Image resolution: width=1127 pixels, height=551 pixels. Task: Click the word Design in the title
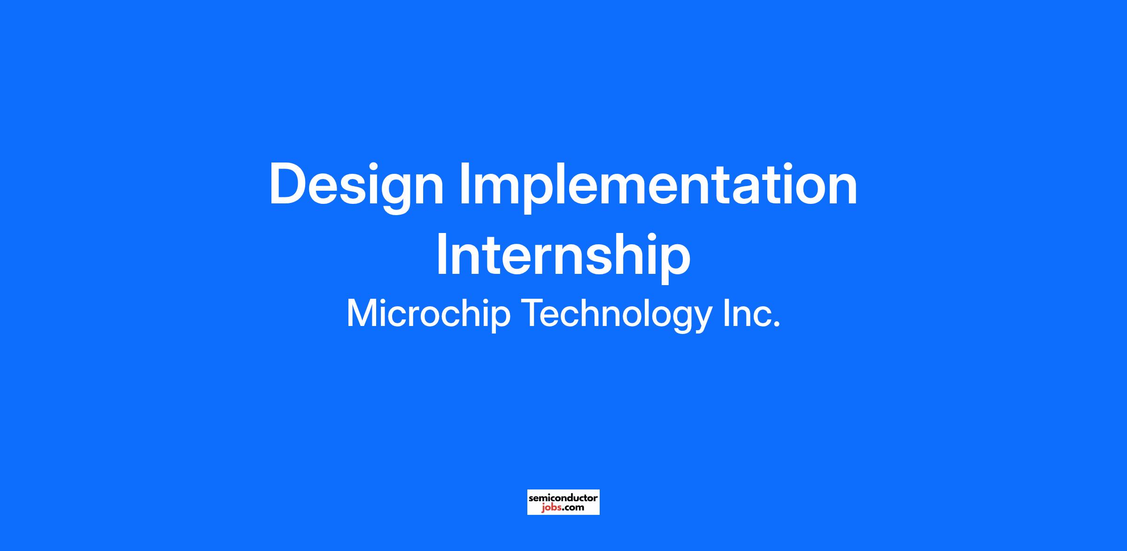click(x=356, y=188)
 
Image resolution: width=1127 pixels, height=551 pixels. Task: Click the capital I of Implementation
click(x=464, y=184)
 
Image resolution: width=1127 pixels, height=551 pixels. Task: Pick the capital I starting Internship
click(x=442, y=254)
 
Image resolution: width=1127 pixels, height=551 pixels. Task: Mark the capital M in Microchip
click(x=362, y=313)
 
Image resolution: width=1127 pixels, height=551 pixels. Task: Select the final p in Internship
click(x=674, y=264)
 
